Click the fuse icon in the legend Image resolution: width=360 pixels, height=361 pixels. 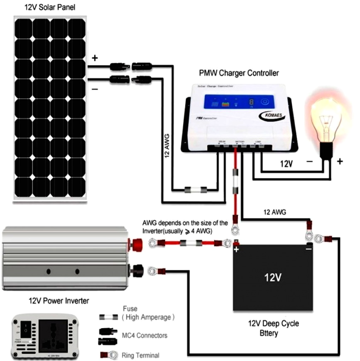point(108,317)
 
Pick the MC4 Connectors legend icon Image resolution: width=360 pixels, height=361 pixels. point(108,336)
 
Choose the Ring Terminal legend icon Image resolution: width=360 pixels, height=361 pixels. point(109,355)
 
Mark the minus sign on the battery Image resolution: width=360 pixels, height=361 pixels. point(308,249)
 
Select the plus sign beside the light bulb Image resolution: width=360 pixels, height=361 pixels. point(340,161)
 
